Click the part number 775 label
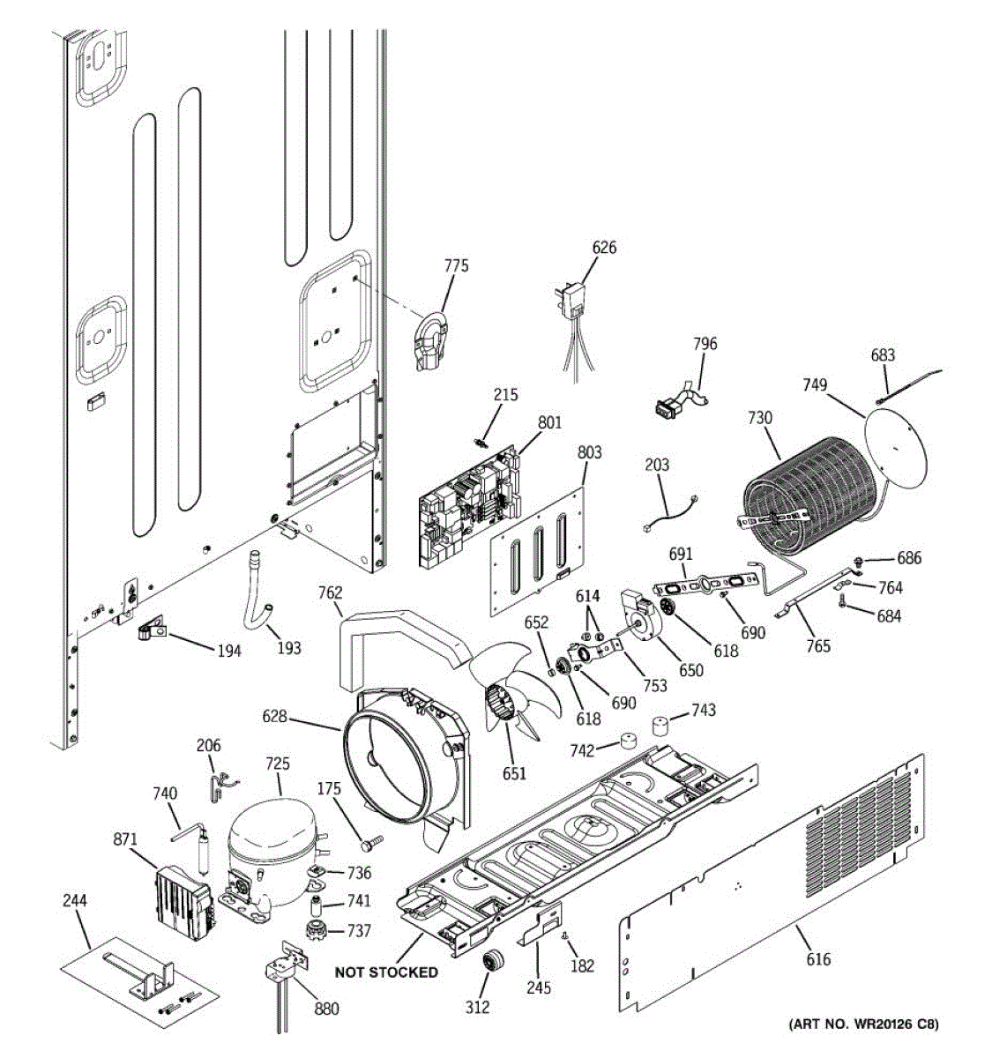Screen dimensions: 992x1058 point(456,265)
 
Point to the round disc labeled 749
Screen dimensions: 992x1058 point(897,451)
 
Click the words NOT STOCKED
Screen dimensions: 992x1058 point(386,972)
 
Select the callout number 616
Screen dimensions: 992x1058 point(818,959)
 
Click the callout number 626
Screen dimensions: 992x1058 point(604,247)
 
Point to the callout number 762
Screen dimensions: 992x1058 point(330,592)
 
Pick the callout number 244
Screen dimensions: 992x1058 point(75,900)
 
